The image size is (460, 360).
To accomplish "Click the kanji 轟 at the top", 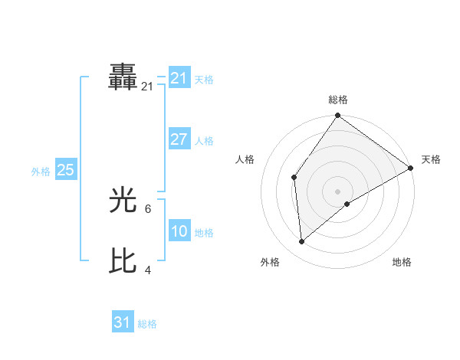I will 123,78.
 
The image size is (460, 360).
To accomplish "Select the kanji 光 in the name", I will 123,201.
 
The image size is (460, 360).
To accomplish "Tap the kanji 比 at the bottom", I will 123,261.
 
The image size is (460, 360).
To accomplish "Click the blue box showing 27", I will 179,139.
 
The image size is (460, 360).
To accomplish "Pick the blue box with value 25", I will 65,170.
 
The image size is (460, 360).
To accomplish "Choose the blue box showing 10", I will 179,231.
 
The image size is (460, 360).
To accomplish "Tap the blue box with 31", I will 122,322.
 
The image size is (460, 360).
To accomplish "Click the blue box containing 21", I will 179,78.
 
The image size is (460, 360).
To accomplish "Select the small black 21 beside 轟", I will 147,87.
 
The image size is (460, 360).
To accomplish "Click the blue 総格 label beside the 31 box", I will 147,324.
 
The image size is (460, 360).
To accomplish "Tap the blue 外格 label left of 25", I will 41,172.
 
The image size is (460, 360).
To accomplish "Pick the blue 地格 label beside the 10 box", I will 204,233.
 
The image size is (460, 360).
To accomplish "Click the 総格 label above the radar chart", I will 337,100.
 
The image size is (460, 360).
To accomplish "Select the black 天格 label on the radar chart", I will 431,159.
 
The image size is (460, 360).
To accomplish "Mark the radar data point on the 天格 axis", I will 411,168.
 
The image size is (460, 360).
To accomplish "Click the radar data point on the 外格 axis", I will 302,241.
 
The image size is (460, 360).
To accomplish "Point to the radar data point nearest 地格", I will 347,204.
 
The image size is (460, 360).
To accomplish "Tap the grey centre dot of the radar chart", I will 337,191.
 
